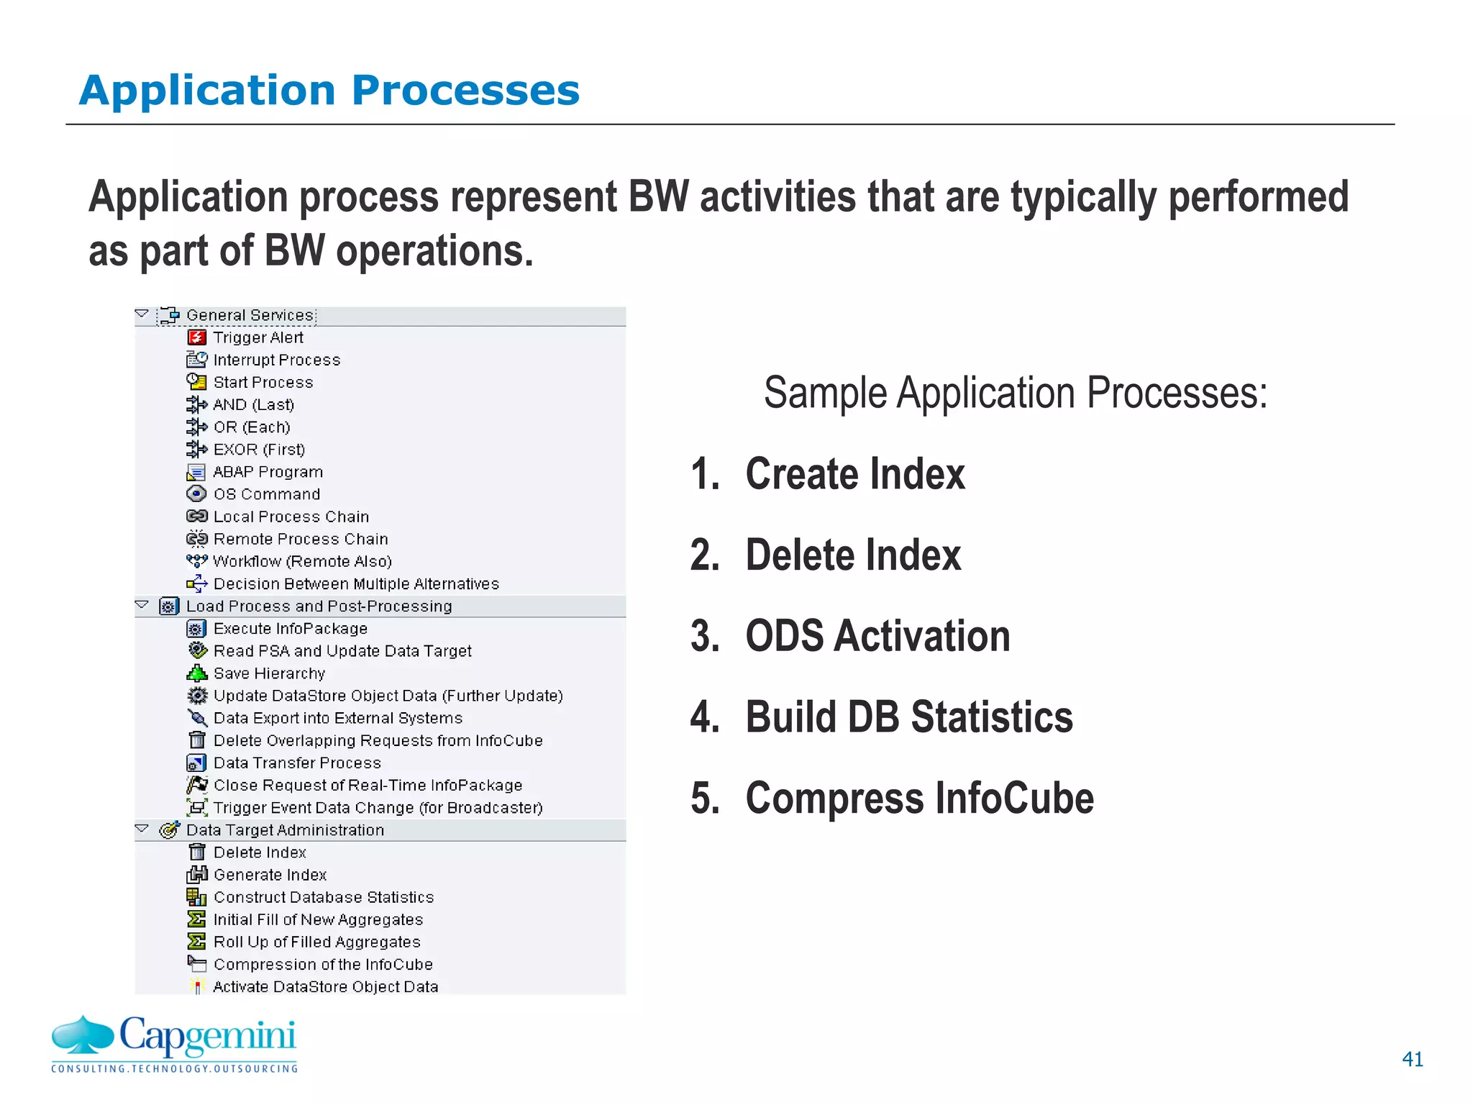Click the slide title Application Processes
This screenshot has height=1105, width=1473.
pyautogui.click(x=329, y=91)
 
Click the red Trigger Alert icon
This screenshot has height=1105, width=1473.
pyautogui.click(x=196, y=337)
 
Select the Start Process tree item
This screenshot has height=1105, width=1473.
pyautogui.click(x=263, y=382)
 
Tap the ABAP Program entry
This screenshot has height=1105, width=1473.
pyautogui.click(x=268, y=472)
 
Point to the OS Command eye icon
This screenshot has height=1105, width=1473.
pyautogui.click(x=196, y=494)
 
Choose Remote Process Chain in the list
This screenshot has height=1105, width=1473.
pyautogui.click(x=300, y=539)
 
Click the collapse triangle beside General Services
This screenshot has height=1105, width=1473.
pyautogui.click(x=142, y=314)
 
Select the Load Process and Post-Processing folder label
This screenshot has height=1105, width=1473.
pyautogui.click(x=319, y=606)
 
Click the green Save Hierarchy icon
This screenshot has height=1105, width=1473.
pyautogui.click(x=196, y=673)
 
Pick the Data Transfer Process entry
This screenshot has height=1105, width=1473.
pyautogui.click(x=296, y=763)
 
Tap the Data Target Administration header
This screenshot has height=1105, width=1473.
pyautogui.click(x=285, y=830)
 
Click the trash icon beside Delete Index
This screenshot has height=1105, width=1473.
pyautogui.click(x=196, y=852)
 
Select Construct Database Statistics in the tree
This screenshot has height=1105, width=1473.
pyautogui.click(x=323, y=897)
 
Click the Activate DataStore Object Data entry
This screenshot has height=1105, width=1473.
pyautogui.click(x=325, y=987)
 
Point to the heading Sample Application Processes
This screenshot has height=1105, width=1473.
pyautogui.click(x=1015, y=393)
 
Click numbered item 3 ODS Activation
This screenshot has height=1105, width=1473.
pyautogui.click(x=877, y=636)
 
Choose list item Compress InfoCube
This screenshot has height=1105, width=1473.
pyautogui.click(x=918, y=798)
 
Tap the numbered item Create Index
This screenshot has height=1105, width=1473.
pyautogui.click(x=854, y=474)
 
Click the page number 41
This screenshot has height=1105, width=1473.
pyautogui.click(x=1412, y=1059)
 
